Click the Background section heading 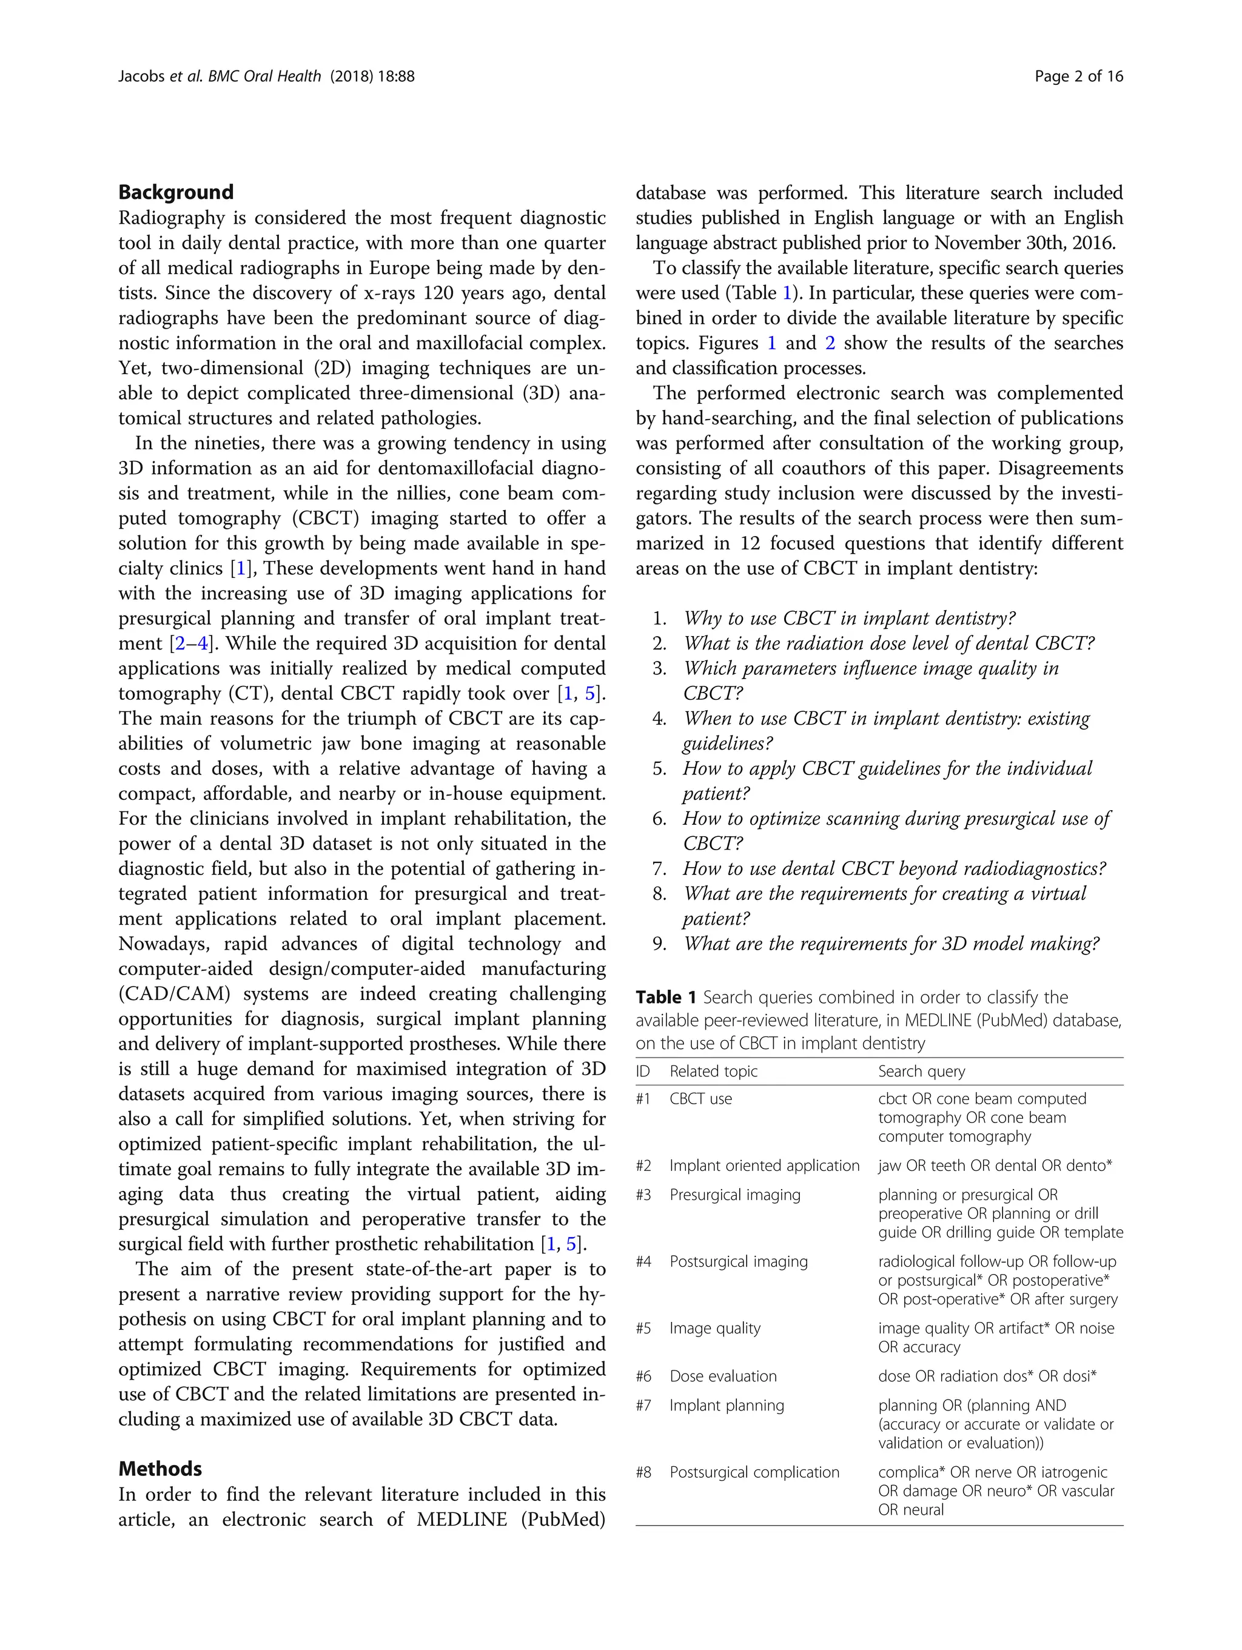[x=176, y=192]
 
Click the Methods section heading [x=159, y=1469]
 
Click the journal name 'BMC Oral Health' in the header [x=265, y=76]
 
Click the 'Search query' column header [x=921, y=1071]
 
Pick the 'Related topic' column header [x=713, y=1071]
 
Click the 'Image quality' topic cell [x=714, y=1329]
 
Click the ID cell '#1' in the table [x=643, y=1099]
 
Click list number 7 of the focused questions [x=659, y=869]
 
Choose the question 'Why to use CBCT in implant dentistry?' [x=850, y=619]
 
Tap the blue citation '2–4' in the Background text [x=191, y=643]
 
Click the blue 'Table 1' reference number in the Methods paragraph [x=786, y=293]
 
